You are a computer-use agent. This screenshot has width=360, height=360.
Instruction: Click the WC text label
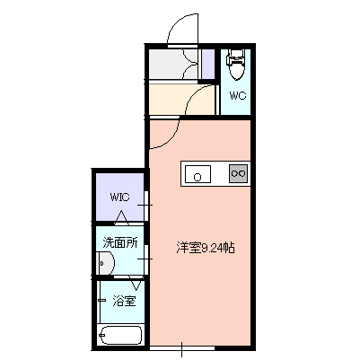pyautogui.click(x=238, y=95)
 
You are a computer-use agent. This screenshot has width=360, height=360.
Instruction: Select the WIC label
pyautogui.click(x=120, y=197)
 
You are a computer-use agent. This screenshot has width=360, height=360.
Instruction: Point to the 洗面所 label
pyautogui.click(x=119, y=242)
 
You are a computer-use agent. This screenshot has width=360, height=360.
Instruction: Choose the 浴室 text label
pyautogui.click(x=124, y=302)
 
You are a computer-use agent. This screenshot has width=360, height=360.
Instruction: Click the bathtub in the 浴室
pyautogui.click(x=119, y=338)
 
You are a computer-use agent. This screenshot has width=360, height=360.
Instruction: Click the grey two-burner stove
pyautogui.click(x=239, y=172)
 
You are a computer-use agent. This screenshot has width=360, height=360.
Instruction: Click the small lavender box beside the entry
pyautogui.click(x=207, y=65)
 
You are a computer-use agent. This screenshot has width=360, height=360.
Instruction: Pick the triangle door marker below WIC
pyautogui.click(x=123, y=215)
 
